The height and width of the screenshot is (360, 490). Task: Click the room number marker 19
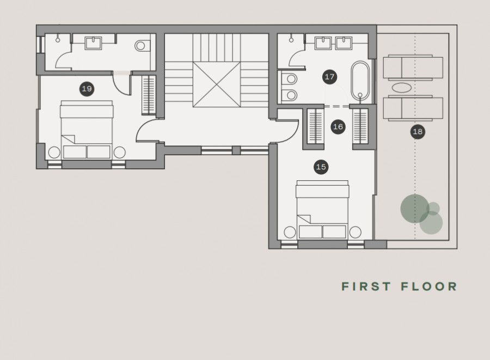pos(87,88)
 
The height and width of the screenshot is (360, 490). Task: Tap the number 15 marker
pos(321,167)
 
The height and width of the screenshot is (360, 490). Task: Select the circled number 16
pos(338,127)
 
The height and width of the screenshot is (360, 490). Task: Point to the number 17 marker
pos(329,77)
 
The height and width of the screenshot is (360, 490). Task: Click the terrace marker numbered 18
pos(418,131)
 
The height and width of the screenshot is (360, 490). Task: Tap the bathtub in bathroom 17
pos(359,81)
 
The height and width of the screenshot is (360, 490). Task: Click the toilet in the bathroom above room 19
pos(143,45)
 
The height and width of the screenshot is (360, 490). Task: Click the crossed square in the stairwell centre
pos(217,84)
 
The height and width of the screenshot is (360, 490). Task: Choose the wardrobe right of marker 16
pos(360,127)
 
